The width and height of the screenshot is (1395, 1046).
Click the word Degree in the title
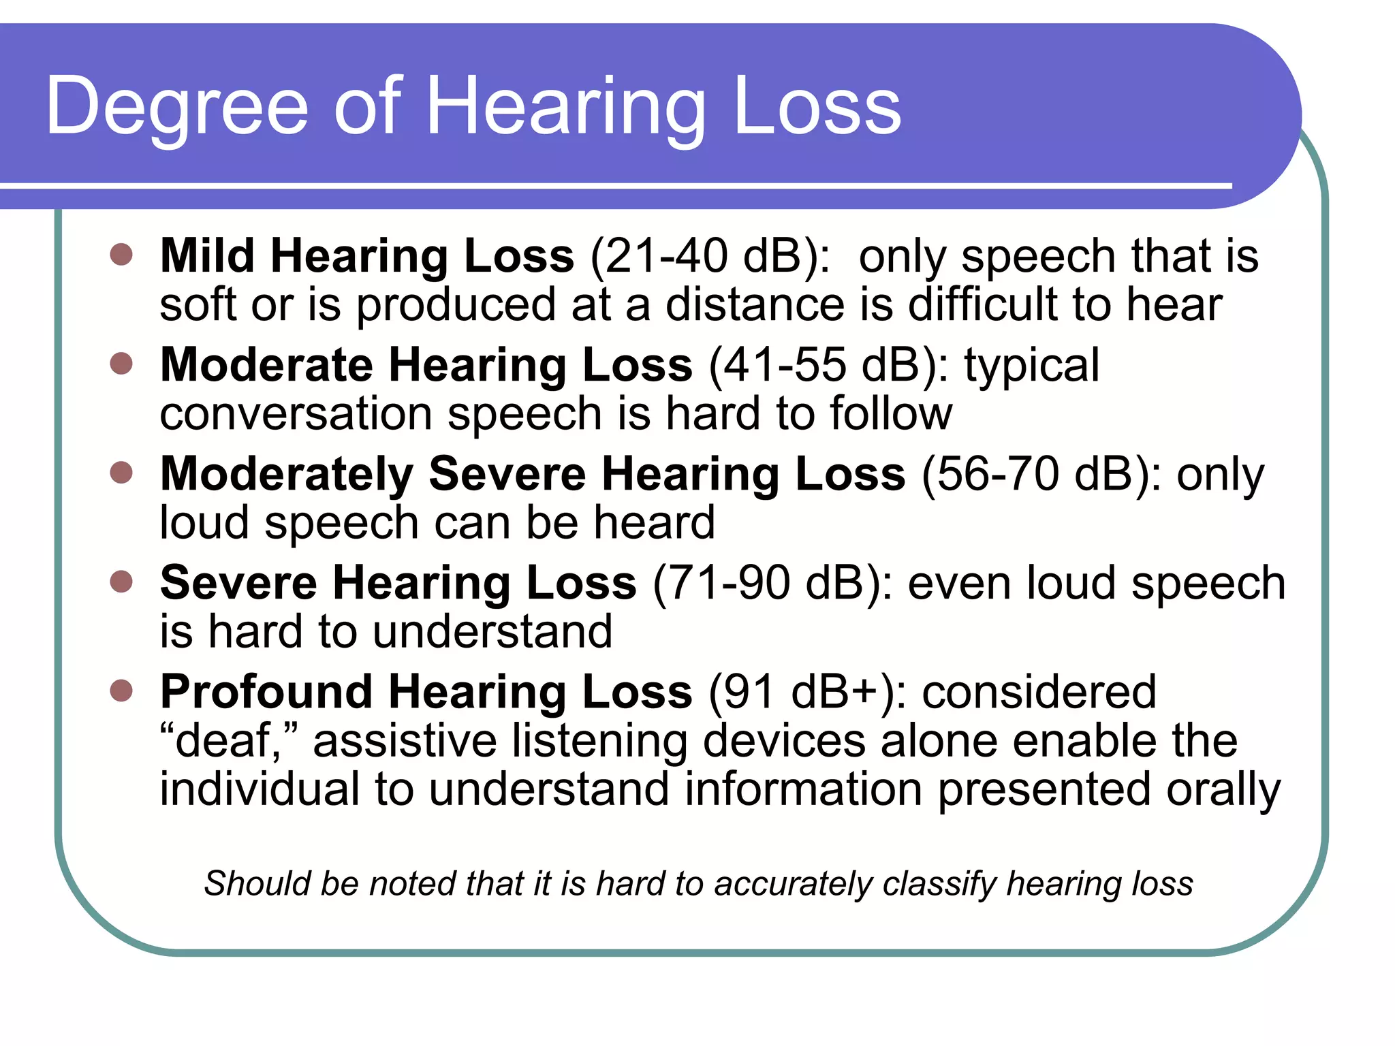click(177, 108)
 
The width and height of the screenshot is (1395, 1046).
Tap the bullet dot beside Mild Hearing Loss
click(121, 255)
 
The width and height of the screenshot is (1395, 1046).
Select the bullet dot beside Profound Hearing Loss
click(121, 691)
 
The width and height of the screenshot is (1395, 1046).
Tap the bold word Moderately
click(287, 475)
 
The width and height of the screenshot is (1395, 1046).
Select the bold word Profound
click(266, 693)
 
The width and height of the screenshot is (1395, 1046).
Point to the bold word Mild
click(207, 257)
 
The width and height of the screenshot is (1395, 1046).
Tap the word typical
click(1031, 366)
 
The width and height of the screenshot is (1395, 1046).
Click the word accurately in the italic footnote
click(794, 884)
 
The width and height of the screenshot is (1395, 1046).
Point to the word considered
click(1039, 693)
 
